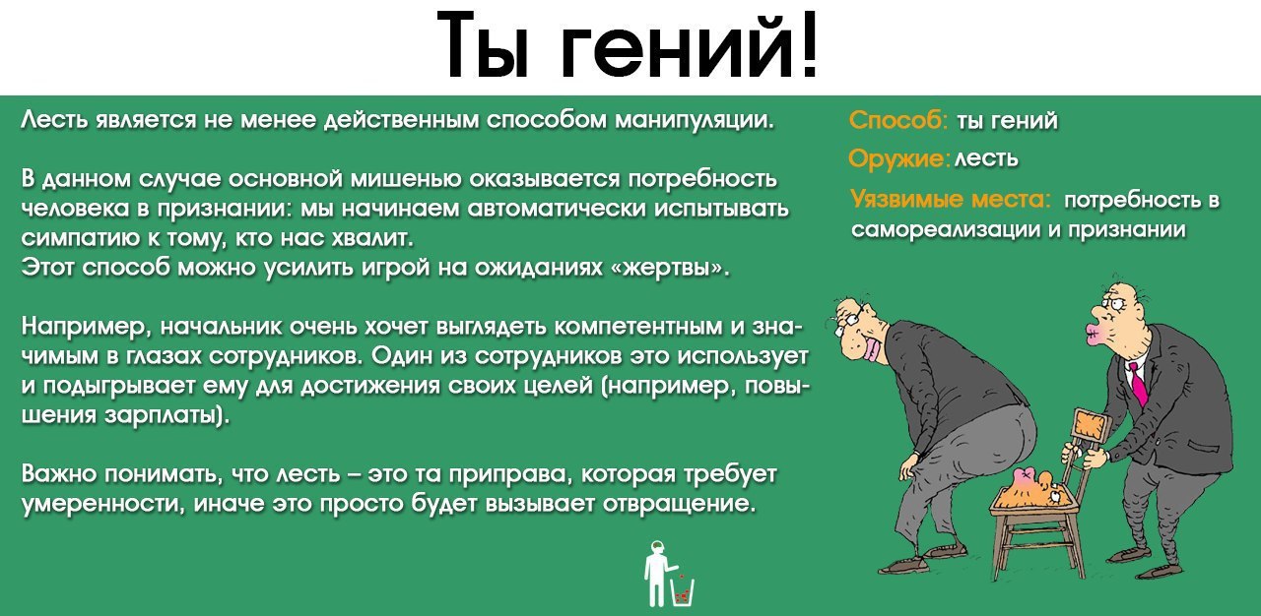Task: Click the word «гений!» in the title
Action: pos(690,47)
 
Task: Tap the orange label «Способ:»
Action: pos(897,121)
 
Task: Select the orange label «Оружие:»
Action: pos(898,158)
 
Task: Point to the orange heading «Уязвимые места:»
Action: pos(951,201)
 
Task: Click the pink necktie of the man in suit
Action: pos(1137,383)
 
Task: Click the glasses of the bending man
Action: pos(848,317)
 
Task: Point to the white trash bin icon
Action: pos(683,591)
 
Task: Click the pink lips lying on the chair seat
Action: pos(1027,478)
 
